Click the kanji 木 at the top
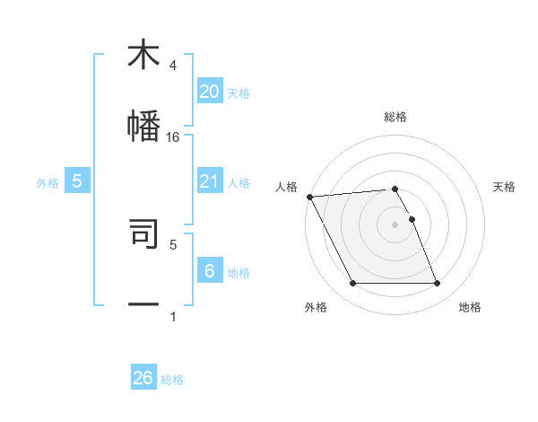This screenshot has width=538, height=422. coord(143,55)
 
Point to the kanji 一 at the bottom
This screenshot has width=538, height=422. coord(143,304)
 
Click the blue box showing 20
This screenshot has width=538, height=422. coord(209,92)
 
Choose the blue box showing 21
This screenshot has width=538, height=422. coord(209,181)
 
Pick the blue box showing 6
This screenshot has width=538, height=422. coord(209,271)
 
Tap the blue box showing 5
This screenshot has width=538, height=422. coord(77,181)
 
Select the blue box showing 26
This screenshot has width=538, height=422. coord(143,378)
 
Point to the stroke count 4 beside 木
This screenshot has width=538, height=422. coord(173,66)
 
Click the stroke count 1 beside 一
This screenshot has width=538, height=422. coord(173,316)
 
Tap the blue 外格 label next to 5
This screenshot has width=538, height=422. coord(48,182)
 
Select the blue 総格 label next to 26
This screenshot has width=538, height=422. coord(172,380)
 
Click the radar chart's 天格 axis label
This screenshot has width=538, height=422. coord(505,187)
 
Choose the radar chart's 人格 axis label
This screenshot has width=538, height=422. coord(285,187)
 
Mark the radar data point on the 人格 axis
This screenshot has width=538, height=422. coord(309,197)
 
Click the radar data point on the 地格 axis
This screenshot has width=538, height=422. coord(437,284)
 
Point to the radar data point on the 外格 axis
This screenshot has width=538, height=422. coord(353,284)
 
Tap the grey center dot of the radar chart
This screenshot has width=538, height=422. coord(395,224)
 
